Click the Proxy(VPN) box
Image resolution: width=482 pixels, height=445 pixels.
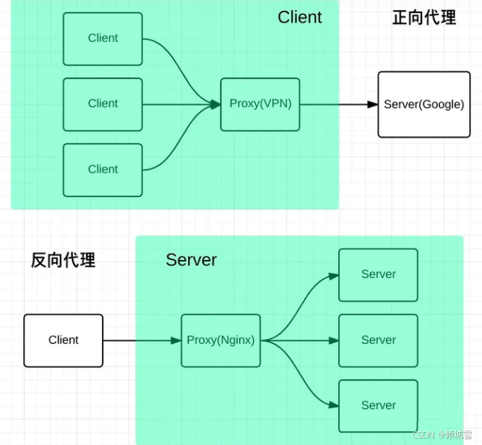pos(260,104)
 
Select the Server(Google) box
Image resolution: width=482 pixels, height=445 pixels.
pos(423,104)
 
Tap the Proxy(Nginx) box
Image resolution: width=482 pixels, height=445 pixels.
pos(220,340)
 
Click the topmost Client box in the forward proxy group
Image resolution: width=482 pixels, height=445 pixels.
pos(103,38)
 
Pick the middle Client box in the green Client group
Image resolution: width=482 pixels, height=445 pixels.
pos(103,104)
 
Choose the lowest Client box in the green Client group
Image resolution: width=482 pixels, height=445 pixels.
pos(103,169)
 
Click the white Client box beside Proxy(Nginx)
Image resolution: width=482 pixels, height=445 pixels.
pos(63,340)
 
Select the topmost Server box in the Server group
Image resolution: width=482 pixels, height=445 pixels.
pos(378,275)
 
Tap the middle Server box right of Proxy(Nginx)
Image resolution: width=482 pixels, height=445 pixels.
pos(378,340)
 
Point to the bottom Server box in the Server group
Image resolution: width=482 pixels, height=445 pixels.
pos(378,405)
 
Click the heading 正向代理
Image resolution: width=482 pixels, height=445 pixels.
pos(424,18)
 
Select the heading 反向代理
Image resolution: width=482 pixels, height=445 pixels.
pos(63,261)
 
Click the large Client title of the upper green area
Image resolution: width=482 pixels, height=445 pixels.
pos(299,17)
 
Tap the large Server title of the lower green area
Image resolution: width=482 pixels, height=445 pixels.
pos(191,260)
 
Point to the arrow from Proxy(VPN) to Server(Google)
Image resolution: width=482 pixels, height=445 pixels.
pos(338,104)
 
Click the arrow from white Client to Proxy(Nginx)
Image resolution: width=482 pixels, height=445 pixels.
pos(141,340)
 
